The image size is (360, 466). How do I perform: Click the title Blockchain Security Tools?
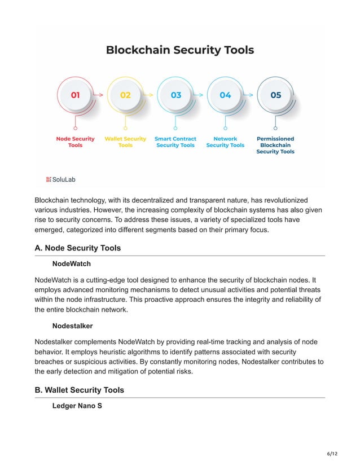[180, 50]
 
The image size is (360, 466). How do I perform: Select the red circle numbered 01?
[75, 95]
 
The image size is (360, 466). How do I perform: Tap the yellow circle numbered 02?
[125, 95]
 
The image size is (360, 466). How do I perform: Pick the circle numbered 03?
[175, 95]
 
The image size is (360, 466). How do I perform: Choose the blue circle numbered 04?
[225, 95]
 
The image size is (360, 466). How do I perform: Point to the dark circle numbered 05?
[275, 95]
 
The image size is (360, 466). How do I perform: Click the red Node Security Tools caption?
[75, 142]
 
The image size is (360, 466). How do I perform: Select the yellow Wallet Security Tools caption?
[125, 142]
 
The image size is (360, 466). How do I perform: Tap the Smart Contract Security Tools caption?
[175, 142]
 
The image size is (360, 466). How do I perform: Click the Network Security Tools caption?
[225, 142]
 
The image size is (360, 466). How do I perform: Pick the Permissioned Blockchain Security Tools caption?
[275, 145]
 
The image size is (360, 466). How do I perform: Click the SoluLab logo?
[60, 179]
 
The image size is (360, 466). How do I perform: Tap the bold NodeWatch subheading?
[71, 263]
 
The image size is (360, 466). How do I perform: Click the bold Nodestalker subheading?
[72, 326]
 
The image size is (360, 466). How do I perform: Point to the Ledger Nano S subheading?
[77, 406]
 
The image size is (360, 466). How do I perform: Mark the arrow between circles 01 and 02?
[99, 95]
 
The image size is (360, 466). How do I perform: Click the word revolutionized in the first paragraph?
[280, 200]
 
